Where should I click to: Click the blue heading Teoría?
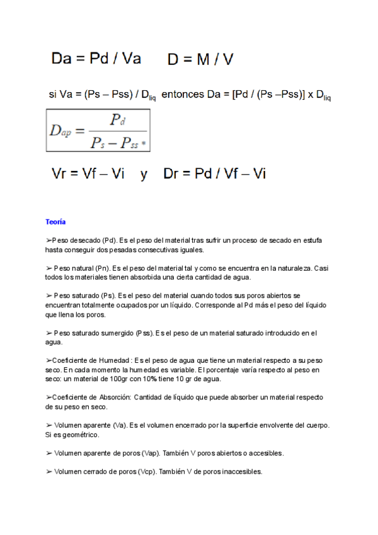55,222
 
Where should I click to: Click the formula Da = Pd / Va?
96,59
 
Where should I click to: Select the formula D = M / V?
200,60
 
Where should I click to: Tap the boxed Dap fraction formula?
98,130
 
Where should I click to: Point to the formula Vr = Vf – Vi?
88,174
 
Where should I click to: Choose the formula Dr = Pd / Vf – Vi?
214,174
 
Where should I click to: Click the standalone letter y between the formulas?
144,175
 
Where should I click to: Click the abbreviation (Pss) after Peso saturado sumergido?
145,332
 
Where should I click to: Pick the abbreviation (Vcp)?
147,471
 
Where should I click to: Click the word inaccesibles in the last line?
241,471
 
